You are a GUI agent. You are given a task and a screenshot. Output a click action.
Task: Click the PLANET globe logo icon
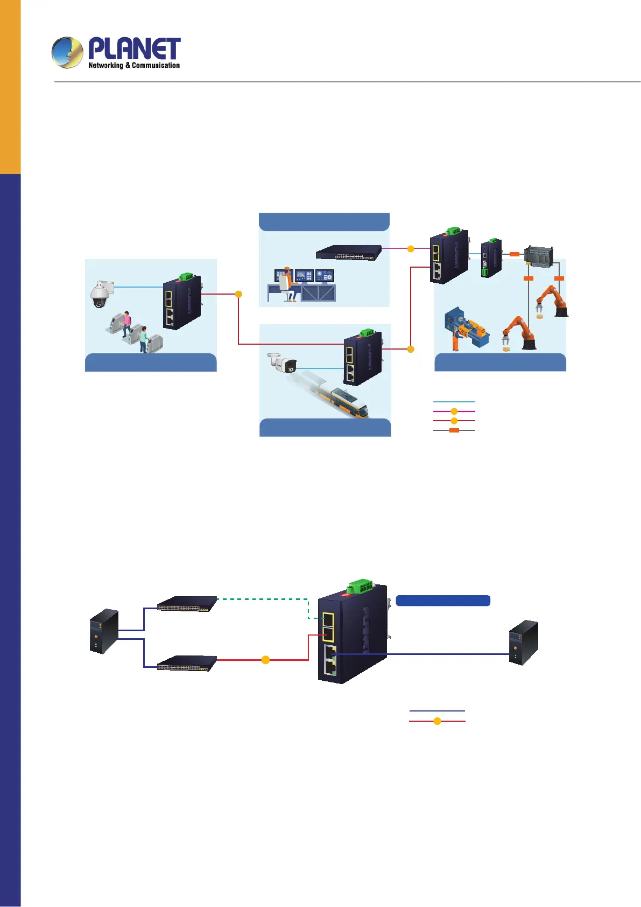[67, 52]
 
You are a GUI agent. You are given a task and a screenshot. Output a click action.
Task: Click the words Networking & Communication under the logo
[134, 66]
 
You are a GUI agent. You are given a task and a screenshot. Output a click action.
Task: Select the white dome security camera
[100, 294]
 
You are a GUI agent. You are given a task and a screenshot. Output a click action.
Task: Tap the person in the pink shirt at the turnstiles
[126, 323]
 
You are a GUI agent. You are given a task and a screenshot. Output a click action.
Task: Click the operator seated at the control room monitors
[287, 283]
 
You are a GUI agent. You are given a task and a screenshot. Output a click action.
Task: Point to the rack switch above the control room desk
[349, 252]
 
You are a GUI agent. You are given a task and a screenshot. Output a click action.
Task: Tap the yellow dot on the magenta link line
[411, 249]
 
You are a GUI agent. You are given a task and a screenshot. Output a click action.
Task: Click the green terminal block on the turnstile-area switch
[187, 276]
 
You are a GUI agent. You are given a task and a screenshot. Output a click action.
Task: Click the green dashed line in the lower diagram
[262, 598]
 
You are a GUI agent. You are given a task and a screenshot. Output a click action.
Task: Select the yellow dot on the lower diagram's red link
[265, 660]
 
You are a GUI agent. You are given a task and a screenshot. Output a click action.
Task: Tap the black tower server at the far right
[523, 643]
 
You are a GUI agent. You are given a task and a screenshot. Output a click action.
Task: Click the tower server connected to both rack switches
[104, 631]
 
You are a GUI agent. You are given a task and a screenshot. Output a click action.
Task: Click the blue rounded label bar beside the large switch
[442, 601]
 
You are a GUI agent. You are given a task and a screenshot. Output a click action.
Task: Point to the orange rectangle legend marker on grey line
[454, 430]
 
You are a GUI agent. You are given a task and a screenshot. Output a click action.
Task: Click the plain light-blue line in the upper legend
[454, 402]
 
